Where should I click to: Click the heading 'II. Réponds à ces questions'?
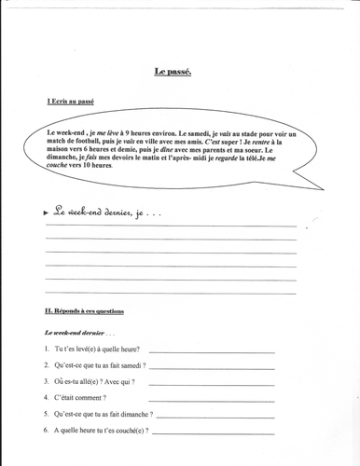point(84,310)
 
